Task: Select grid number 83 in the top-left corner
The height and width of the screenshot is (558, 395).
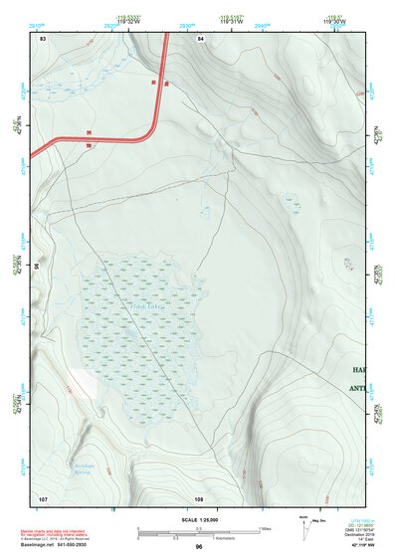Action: point(43,39)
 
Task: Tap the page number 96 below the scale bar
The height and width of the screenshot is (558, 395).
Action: point(199,546)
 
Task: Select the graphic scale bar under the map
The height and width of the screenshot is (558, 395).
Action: point(197,530)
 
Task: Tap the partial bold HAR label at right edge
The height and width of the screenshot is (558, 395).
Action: point(358,368)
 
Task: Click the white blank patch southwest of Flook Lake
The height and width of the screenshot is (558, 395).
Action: point(84,382)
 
